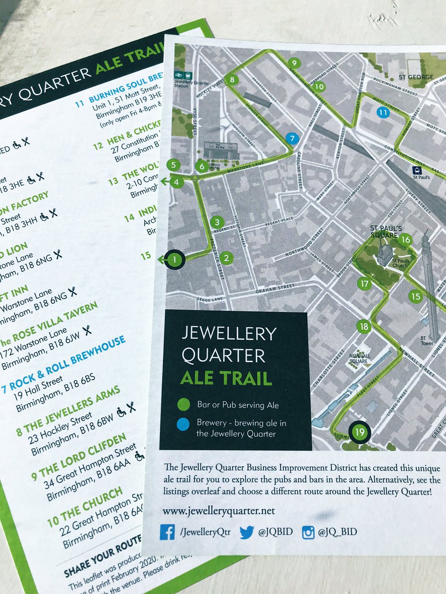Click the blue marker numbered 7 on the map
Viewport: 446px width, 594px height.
coord(292,138)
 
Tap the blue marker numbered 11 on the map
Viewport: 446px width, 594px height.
coord(383,113)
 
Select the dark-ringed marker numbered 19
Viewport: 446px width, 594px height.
coord(360,432)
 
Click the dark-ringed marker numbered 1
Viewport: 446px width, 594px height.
coord(174,259)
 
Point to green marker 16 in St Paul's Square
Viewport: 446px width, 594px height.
coord(406,240)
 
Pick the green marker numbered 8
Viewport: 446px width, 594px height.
coord(232,79)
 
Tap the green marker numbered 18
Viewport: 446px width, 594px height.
coord(364,326)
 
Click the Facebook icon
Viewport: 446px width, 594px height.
coord(167,532)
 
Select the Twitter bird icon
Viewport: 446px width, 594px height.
coord(246,532)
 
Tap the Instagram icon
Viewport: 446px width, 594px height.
coord(308,533)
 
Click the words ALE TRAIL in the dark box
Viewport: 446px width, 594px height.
coord(226,379)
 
